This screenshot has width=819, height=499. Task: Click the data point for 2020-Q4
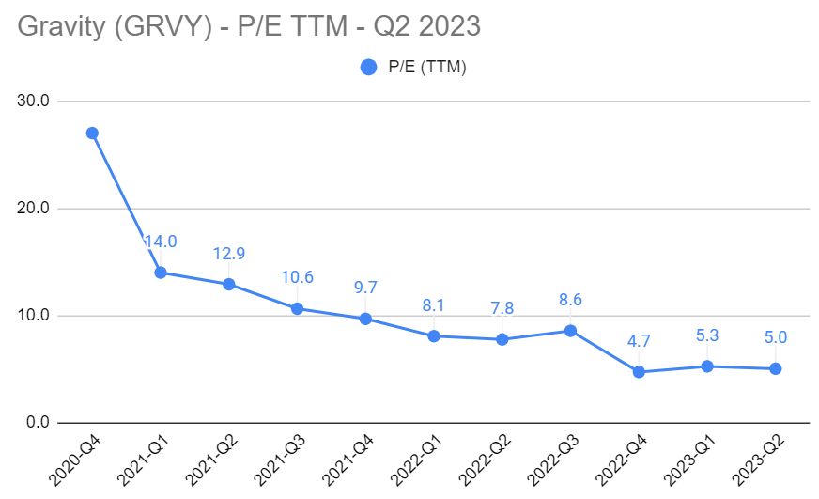click(92, 133)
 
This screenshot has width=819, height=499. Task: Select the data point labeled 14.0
click(161, 273)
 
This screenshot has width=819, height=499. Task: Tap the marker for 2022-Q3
click(570, 331)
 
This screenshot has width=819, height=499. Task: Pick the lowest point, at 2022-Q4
click(639, 372)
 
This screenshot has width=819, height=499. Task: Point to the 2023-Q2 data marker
click(775, 368)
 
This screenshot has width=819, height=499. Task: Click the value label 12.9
click(228, 255)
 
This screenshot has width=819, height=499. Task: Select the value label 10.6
click(297, 277)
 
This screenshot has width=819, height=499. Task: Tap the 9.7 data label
click(365, 288)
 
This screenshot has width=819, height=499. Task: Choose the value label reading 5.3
click(707, 335)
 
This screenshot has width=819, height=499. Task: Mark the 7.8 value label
click(502, 309)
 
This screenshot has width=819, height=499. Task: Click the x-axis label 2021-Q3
click(281, 458)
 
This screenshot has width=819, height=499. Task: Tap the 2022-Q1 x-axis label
click(417, 458)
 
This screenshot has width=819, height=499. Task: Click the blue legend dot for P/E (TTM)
click(368, 67)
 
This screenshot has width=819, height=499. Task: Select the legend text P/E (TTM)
click(427, 67)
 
